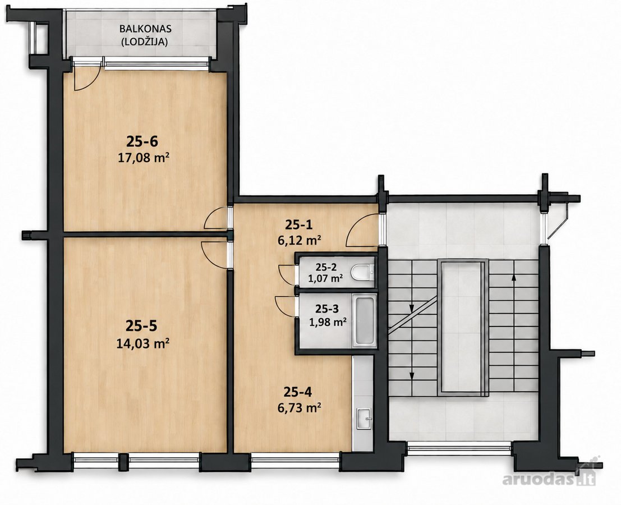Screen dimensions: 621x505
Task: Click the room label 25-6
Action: pos(142,141)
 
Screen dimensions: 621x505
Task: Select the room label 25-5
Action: pos(141,326)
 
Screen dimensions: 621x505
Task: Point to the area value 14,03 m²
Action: pos(143,343)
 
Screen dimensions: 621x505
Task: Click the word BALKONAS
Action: pos(145,29)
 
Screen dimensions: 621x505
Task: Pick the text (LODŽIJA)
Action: pos(145,41)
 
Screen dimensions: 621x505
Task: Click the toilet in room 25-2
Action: pos(364,272)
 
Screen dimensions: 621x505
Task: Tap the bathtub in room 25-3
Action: pos(364,321)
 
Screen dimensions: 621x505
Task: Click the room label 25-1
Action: pos(299,225)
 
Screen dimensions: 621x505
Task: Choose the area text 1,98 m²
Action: pos(328,322)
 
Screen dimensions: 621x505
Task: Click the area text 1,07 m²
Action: pos(325,278)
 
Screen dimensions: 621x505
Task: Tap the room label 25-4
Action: pos(298,392)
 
